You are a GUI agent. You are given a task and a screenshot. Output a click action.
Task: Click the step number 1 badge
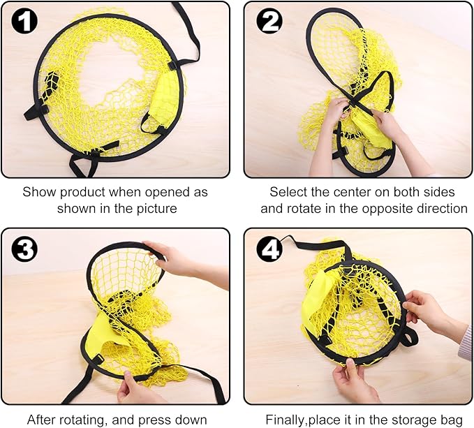click(x=24, y=21)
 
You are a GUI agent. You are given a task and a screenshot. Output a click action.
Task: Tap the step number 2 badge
click(x=269, y=21)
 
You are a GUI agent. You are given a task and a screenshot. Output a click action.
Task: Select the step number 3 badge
click(x=24, y=249)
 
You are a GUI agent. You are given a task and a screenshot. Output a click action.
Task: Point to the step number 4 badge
click(x=269, y=249)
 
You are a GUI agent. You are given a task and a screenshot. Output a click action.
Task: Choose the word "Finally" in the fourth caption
click(x=285, y=420)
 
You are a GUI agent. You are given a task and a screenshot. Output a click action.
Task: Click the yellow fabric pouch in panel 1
click(x=164, y=99)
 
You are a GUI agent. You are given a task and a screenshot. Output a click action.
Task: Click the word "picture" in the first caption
click(x=156, y=209)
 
